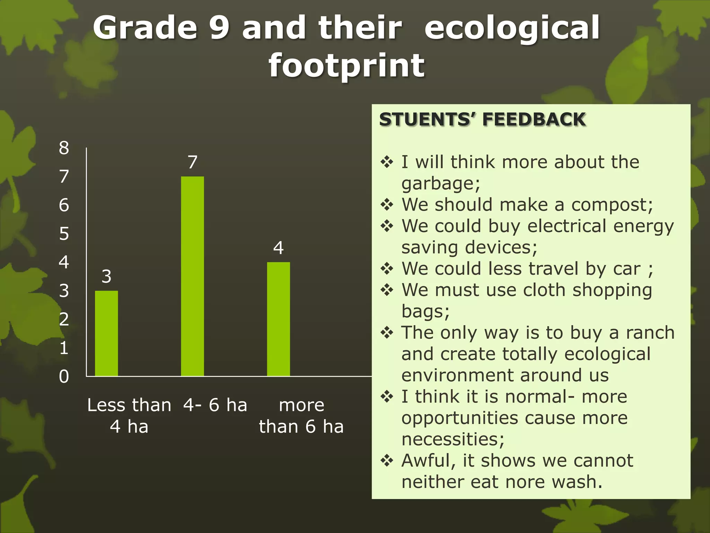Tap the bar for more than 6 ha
pyautogui.click(x=278, y=319)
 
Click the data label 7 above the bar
pyautogui.click(x=193, y=162)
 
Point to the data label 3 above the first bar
pyautogui.click(x=106, y=277)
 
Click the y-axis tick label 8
pyautogui.click(x=64, y=148)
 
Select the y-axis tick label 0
pyautogui.click(x=64, y=377)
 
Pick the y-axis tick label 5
pyautogui.click(x=64, y=234)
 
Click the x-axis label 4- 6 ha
pyautogui.click(x=215, y=405)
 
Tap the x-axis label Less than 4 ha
pyautogui.click(x=129, y=415)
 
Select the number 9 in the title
pyautogui.click(x=219, y=28)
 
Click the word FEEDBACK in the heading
pyautogui.click(x=534, y=119)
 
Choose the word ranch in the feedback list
pyautogui.click(x=650, y=333)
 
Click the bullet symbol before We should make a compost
pyautogui.click(x=387, y=205)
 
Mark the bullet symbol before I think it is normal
pyautogui.click(x=387, y=397)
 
